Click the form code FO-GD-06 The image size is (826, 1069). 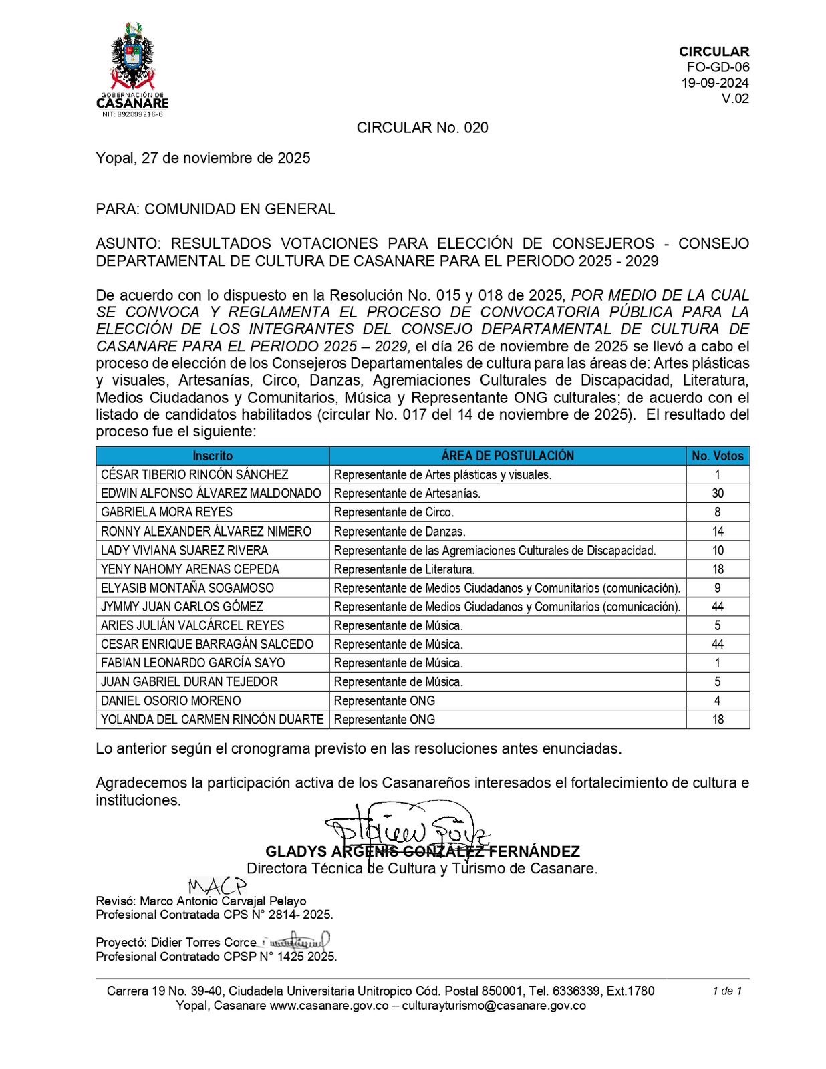pyautogui.click(x=718, y=67)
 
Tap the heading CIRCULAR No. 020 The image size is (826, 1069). pyautogui.click(x=422, y=128)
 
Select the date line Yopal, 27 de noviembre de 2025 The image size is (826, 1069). pyautogui.click(x=203, y=158)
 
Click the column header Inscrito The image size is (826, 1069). pyautogui.click(x=213, y=456)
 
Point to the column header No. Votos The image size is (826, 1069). pyautogui.click(x=718, y=456)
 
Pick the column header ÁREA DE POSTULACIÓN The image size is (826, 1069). pyautogui.click(x=507, y=456)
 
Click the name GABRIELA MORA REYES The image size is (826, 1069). pyautogui.click(x=167, y=512)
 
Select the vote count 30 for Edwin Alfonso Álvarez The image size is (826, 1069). pyautogui.click(x=718, y=494)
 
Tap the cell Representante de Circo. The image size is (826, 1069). pyautogui.click(x=394, y=512)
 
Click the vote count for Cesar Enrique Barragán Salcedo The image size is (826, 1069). pyautogui.click(x=718, y=644)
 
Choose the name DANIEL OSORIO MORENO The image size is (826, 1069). pyautogui.click(x=171, y=701)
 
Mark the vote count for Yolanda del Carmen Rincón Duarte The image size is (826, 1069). pyautogui.click(x=718, y=720)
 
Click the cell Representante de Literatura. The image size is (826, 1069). pyautogui.click(x=404, y=569)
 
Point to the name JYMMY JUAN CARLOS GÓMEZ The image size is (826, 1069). pyautogui.click(x=182, y=607)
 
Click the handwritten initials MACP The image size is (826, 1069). pyautogui.click(x=217, y=887)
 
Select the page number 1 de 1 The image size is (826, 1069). pyautogui.click(x=727, y=990)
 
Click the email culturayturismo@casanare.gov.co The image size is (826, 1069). pyautogui.click(x=494, y=1006)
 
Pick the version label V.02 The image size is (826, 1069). pyautogui.click(x=735, y=99)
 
